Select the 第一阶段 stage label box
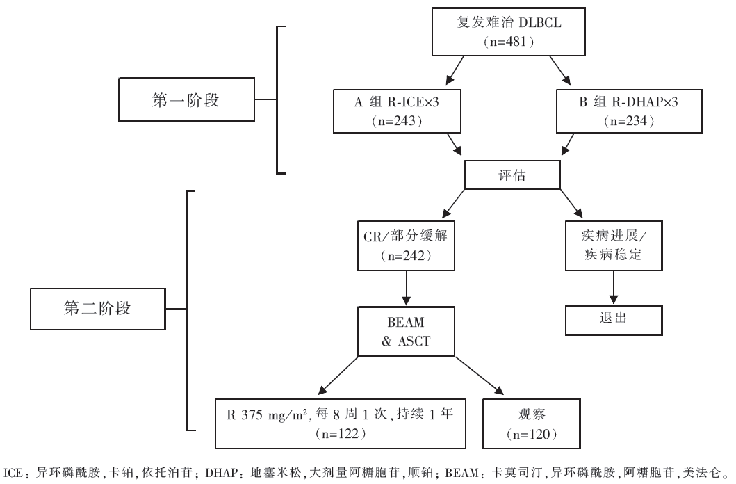click(x=185, y=100)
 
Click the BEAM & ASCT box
click(x=407, y=331)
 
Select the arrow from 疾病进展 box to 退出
click(x=613, y=287)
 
